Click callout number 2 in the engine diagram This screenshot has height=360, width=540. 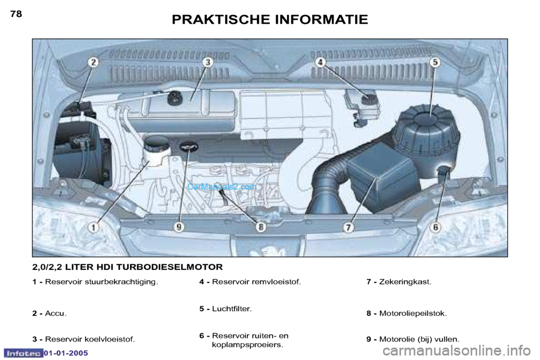[x=93, y=62]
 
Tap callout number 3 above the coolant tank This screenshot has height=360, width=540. [x=208, y=62]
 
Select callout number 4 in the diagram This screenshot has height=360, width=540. [x=321, y=62]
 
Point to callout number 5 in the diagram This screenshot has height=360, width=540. [x=435, y=62]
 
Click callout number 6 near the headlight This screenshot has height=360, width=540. [x=435, y=227]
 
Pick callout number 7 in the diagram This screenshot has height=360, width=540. [x=349, y=227]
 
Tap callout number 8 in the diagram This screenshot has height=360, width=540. [x=261, y=227]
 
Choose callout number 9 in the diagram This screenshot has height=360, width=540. [x=179, y=227]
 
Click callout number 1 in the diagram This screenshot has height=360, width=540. [x=93, y=227]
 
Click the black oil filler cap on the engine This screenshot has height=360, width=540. [x=190, y=147]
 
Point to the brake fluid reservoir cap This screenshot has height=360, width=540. [x=369, y=98]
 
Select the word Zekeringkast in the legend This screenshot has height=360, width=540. [x=404, y=282]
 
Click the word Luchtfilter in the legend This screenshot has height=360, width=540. [x=231, y=309]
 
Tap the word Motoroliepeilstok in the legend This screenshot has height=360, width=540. [x=412, y=313]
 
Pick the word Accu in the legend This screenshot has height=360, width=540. [x=55, y=313]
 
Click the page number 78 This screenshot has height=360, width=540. [x=16, y=13]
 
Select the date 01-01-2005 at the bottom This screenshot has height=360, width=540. [x=66, y=353]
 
